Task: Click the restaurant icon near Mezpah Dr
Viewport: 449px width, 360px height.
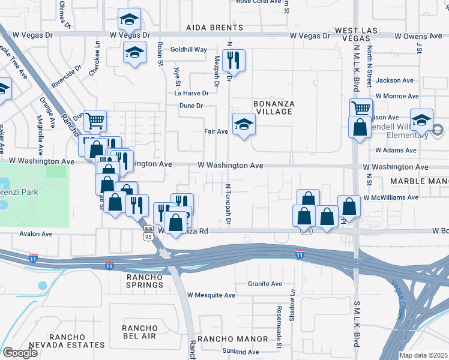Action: coord(232,60)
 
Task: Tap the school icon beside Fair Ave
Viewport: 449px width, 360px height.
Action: coord(243,124)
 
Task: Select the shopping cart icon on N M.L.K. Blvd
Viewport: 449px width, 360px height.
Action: coord(361,109)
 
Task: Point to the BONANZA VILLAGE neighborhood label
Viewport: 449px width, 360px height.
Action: coord(274,108)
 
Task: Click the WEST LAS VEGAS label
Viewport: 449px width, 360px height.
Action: coord(360,34)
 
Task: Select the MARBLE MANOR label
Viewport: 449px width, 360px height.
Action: coord(418,181)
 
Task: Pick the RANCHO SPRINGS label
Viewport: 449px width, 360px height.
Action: coord(144,281)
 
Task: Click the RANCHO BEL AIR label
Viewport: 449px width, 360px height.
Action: coord(139,332)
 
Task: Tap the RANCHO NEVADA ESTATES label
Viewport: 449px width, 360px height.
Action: coord(77,341)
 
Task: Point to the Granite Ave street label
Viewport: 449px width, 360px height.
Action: coord(266,284)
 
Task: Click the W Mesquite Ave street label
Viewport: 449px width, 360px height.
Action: coord(211,295)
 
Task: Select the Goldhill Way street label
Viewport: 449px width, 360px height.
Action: coord(188,49)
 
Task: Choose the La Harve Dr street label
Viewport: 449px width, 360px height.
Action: coord(191,93)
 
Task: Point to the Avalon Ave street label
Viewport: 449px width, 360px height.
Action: coord(36,234)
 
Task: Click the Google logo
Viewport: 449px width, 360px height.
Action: coord(20,352)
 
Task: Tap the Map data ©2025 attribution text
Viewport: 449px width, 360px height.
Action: coord(423,355)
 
